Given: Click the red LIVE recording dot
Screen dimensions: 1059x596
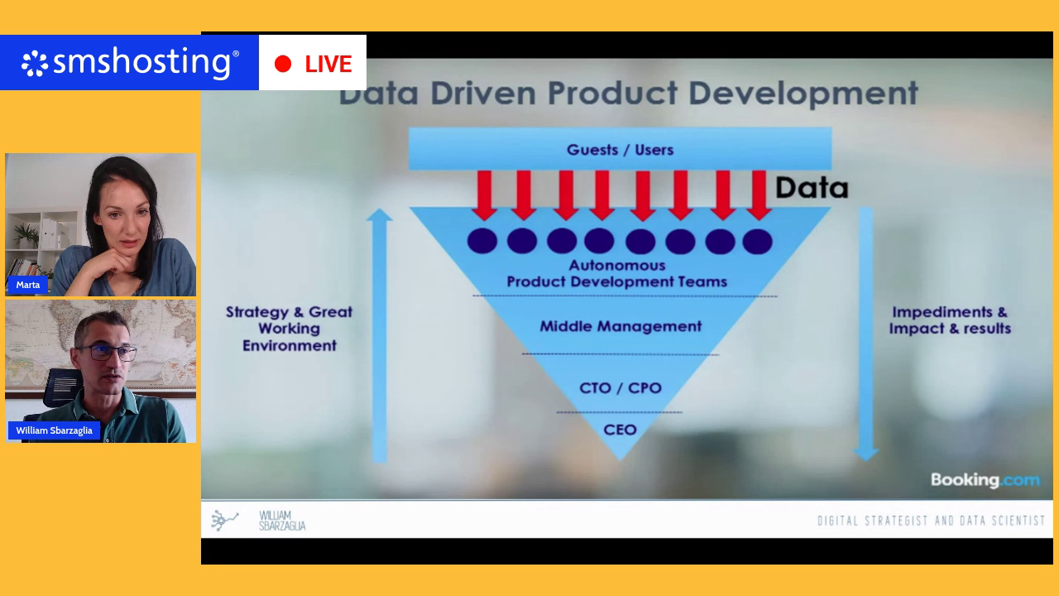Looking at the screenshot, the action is coord(283,64).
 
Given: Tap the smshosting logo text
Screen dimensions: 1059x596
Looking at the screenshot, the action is coord(141,62).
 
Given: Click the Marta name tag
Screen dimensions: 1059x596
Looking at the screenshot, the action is coord(28,285).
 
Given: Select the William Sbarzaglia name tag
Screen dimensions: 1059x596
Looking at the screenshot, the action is coord(54,430).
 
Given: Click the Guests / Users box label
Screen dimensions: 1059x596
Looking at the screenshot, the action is coord(620,150).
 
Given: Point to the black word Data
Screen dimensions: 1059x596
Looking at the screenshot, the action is coord(812,188).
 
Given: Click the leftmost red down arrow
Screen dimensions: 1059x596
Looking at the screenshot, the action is coord(484,195).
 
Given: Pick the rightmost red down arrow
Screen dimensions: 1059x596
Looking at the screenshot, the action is coord(759,195).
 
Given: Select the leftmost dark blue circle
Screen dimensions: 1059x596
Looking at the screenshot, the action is coord(482,241).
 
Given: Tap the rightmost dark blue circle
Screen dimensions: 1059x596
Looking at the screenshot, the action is coord(757,241).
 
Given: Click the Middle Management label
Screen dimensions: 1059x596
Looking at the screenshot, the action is coord(621,326).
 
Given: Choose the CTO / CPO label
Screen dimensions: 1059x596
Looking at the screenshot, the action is coord(621,388).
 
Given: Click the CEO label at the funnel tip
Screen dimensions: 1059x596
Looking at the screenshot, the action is coord(620,430).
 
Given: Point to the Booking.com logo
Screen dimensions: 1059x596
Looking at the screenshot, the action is coord(985,480).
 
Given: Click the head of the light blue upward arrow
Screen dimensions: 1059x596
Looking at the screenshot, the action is coord(379,214).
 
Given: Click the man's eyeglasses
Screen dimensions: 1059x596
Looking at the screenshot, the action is coord(108,353).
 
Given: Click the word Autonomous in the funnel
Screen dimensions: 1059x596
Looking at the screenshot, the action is coord(617,266).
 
